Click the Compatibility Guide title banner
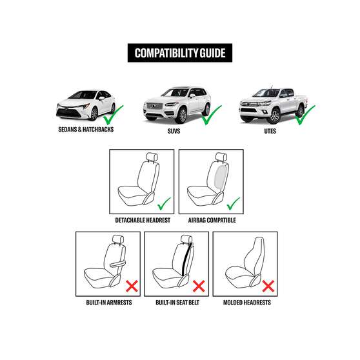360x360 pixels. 180,53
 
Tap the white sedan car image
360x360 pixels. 86,105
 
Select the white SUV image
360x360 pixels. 177,105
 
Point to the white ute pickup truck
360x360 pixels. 272,105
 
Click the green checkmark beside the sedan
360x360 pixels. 113,115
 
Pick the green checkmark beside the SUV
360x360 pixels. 212,115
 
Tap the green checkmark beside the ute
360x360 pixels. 305,115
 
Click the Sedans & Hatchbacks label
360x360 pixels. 86,130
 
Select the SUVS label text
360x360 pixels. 174,131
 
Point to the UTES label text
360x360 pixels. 270,131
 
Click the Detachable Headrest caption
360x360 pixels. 143,220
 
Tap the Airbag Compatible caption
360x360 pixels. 212,220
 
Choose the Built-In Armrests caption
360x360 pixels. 109,303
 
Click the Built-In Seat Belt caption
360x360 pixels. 177,303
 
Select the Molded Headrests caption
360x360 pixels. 247,303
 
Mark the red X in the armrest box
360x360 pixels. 132,286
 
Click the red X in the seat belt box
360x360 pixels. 199,286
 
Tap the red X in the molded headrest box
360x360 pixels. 268,286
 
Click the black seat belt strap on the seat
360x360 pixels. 187,259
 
